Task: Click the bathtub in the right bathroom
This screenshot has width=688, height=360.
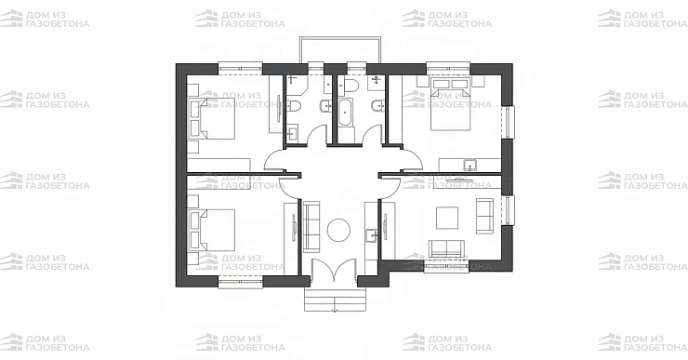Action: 344,113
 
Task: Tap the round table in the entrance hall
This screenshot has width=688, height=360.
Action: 338,230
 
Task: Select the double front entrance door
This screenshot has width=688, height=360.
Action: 334,269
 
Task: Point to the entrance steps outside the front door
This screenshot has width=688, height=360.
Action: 335,300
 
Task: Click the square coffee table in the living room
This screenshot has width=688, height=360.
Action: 447,219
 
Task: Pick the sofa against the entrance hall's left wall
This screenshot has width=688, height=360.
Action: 311,226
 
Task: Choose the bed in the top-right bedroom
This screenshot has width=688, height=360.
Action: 451,104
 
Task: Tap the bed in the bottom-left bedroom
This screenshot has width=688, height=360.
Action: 212,230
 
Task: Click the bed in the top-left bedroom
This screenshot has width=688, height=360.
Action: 212,118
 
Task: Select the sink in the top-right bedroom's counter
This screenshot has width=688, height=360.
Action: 470,165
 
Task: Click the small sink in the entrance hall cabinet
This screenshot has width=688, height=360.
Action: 372,235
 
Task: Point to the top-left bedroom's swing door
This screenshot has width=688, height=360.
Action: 275,160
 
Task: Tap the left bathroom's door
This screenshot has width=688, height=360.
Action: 316,134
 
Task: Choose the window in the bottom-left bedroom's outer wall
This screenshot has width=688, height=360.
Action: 241,282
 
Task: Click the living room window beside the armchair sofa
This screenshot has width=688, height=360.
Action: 508,210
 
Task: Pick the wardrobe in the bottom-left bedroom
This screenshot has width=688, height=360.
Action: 291,238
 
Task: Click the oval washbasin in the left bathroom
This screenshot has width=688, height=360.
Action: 325,106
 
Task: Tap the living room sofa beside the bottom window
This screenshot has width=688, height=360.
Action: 446,248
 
